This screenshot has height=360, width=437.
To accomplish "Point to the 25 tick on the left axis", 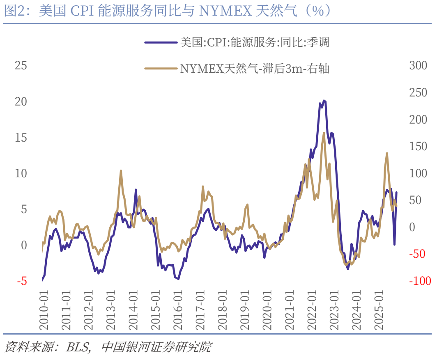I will pos(21,65).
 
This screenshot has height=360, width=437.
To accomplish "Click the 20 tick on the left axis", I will pos(21,101).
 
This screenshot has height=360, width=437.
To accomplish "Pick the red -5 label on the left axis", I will pos(22,281).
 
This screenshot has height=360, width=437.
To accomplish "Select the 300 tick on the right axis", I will pos(418,66).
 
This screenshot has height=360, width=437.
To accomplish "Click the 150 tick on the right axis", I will pos(418,147).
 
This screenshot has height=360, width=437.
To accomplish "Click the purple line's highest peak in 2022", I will pos(324,100).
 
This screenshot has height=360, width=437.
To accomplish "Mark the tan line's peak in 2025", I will pos(387,153).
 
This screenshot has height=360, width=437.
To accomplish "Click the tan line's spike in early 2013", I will pos(121,171).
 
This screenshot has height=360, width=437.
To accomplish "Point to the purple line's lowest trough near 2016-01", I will pos(178,279).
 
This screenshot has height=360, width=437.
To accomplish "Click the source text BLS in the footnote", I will pos(78,347).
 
